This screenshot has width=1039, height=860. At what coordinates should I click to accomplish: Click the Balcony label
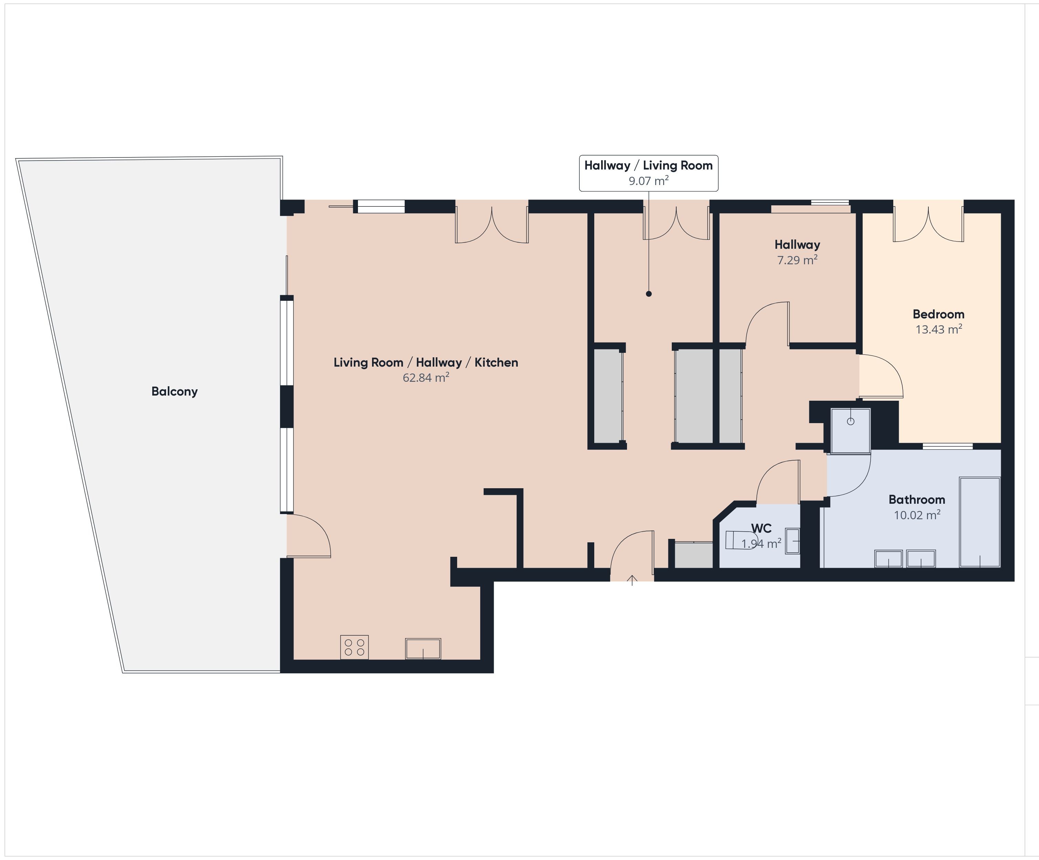click(x=175, y=391)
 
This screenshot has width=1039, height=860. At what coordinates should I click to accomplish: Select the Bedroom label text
click(x=938, y=314)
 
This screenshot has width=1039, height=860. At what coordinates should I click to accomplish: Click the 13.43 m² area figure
click(x=938, y=329)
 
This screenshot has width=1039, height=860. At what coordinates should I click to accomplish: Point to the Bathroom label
click(x=917, y=499)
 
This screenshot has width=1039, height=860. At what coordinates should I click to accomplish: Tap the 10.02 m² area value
click(x=917, y=515)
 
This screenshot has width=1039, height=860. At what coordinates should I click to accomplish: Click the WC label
click(x=761, y=529)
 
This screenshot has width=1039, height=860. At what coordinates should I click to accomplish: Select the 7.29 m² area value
click(x=797, y=260)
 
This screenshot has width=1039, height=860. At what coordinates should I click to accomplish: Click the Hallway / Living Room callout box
click(x=649, y=173)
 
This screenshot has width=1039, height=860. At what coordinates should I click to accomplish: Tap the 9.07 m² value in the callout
click(x=649, y=181)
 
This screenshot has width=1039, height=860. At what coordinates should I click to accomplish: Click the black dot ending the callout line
click(x=649, y=294)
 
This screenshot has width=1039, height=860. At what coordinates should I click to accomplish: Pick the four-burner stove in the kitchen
click(x=354, y=647)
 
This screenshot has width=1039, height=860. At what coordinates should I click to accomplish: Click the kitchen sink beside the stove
click(x=423, y=649)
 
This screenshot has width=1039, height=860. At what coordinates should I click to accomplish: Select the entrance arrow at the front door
click(x=632, y=580)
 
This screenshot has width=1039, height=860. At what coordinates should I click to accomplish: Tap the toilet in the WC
click(x=741, y=540)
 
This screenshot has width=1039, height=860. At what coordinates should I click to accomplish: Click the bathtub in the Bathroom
click(x=980, y=522)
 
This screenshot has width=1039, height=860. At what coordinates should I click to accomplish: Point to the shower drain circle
click(x=851, y=422)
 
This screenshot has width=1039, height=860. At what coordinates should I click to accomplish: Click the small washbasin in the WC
click(x=792, y=541)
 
